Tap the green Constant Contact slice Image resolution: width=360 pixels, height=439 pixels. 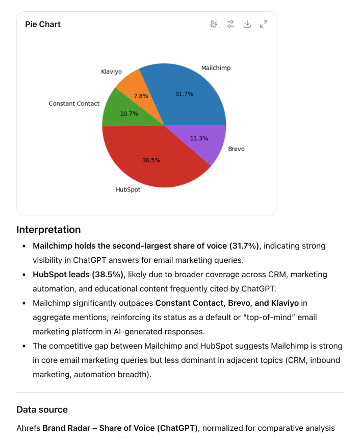tap(115, 110)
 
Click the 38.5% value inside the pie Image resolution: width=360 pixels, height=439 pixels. tap(151, 160)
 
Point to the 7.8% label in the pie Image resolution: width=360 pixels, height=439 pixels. tap(141, 96)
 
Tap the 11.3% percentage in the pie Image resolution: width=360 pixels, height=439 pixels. tap(199, 138)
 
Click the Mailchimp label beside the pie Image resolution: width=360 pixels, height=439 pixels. tap(216, 68)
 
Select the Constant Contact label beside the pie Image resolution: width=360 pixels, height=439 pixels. tap(74, 104)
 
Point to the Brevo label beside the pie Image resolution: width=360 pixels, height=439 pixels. tap(236, 149)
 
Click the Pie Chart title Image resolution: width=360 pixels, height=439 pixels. tap(43, 24)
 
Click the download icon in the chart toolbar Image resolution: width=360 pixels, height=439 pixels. tap(247, 24)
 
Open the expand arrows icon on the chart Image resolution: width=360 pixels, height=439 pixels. tap(264, 24)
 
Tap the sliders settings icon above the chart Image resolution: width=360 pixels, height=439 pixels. tap(230, 24)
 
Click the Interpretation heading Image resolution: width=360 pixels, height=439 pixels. tap(48, 230)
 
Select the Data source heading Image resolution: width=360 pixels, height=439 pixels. tap(42, 409)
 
